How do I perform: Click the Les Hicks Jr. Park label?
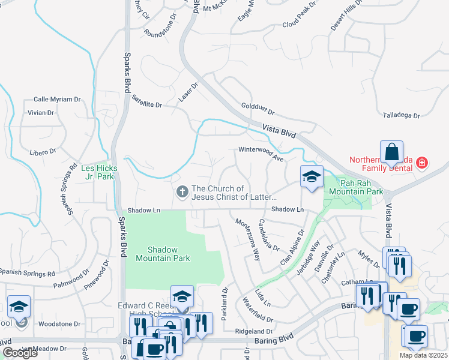point(99,173)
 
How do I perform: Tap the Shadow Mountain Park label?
point(169,254)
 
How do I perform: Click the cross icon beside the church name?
point(182,193)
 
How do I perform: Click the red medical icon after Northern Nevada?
point(422,163)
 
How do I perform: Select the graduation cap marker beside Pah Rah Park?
point(312,177)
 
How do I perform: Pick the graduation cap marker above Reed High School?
point(182,296)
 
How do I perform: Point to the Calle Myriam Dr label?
point(57,99)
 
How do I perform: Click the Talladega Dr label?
point(402,115)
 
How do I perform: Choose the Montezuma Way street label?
point(247,239)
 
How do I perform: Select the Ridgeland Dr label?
point(254,331)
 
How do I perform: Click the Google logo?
point(20,353)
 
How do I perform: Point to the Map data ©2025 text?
point(423,355)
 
